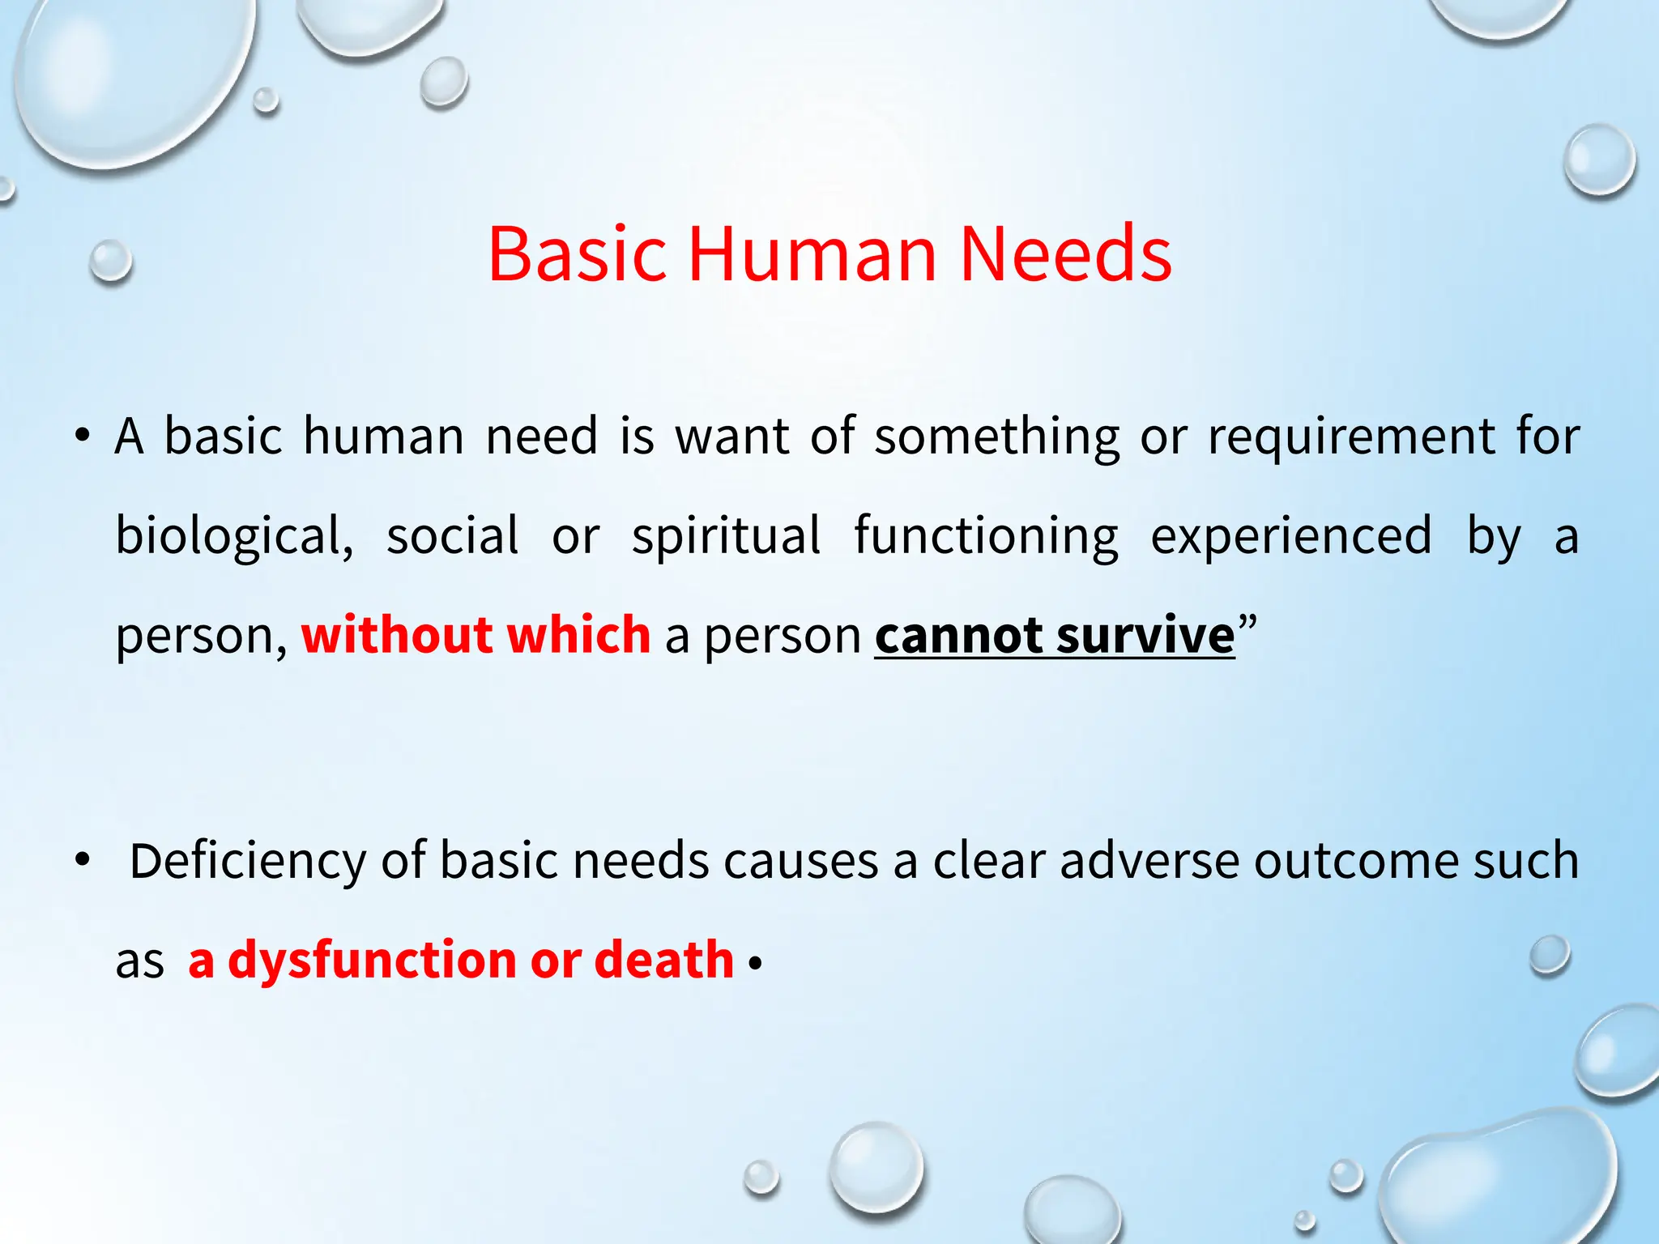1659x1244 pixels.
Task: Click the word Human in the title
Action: [x=812, y=254]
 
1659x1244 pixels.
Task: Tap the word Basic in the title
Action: [x=577, y=254]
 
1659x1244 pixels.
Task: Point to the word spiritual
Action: [x=726, y=535]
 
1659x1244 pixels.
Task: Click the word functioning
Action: [x=986, y=537]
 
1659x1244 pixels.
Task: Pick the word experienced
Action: [x=1291, y=537]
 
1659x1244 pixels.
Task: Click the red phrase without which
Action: [x=476, y=634]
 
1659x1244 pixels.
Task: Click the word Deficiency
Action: [x=248, y=861]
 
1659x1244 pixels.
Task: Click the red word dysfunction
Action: [x=373, y=961]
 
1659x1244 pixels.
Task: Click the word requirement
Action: [x=1351, y=437]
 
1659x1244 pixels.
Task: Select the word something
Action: [x=997, y=437]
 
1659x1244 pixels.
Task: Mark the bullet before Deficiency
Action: [x=82, y=860]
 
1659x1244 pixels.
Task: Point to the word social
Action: [x=452, y=535]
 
